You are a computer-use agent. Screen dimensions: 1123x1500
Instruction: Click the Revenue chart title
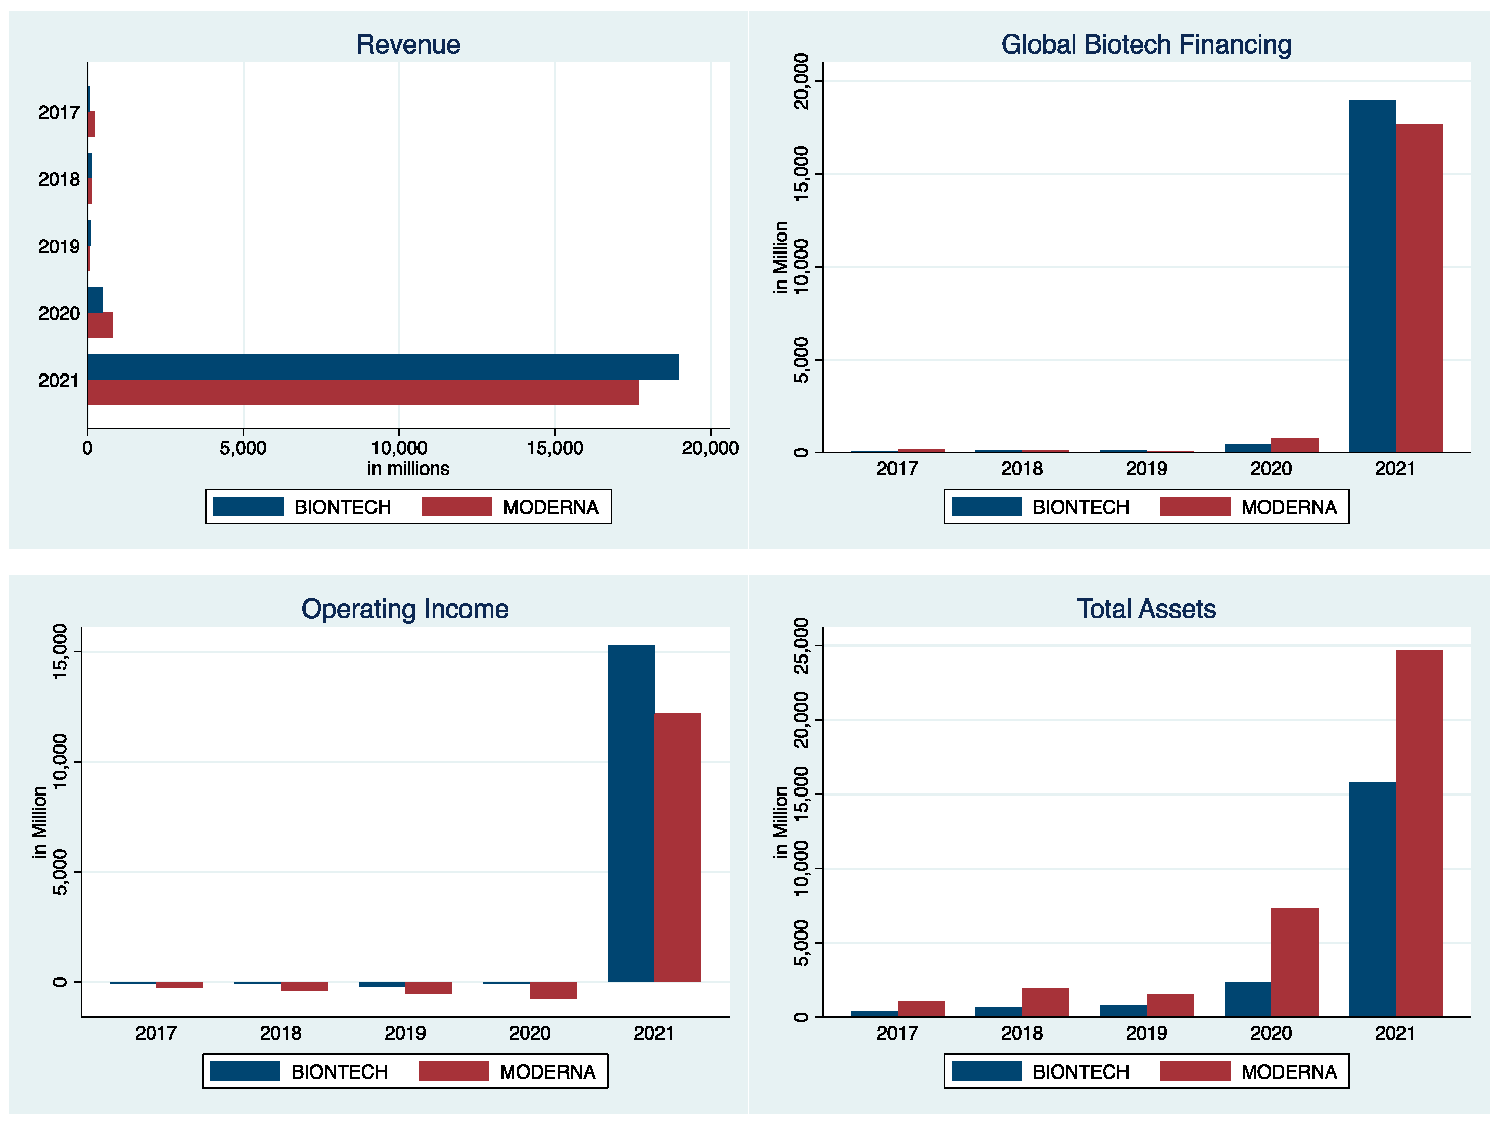point(408,45)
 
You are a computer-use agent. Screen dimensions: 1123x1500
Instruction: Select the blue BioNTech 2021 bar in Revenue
point(383,367)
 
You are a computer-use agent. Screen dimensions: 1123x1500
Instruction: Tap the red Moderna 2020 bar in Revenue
point(101,325)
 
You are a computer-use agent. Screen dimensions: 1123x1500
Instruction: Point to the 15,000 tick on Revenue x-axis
point(555,448)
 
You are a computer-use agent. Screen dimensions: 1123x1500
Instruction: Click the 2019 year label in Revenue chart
point(59,246)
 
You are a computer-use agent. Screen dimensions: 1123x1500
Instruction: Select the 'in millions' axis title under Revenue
point(408,469)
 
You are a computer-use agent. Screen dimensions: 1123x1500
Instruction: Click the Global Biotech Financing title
point(1146,45)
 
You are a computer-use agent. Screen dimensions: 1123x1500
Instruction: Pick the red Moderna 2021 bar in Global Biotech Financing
point(1419,288)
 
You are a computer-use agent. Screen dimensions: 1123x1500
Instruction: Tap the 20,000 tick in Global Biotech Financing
point(802,81)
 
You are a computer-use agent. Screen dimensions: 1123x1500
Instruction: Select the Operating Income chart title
point(405,609)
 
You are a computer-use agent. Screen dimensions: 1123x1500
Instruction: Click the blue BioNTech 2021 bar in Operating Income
point(631,814)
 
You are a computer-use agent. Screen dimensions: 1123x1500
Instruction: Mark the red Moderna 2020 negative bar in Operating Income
point(553,990)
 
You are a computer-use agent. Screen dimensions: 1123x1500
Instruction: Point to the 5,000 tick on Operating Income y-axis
point(60,872)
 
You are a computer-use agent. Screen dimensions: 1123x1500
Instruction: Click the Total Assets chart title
point(1146,609)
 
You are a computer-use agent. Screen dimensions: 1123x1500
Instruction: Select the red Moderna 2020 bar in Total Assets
point(1294,962)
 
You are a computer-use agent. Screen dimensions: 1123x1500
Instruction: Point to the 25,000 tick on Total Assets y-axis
point(802,645)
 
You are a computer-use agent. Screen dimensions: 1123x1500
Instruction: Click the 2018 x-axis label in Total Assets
point(1021,1034)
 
